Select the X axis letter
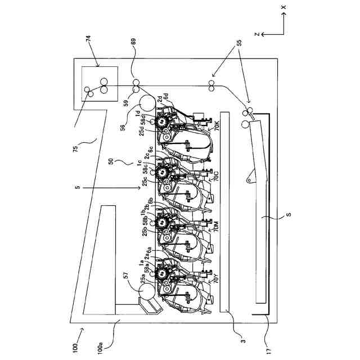pos(284,7)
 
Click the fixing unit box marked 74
pos(100,84)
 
